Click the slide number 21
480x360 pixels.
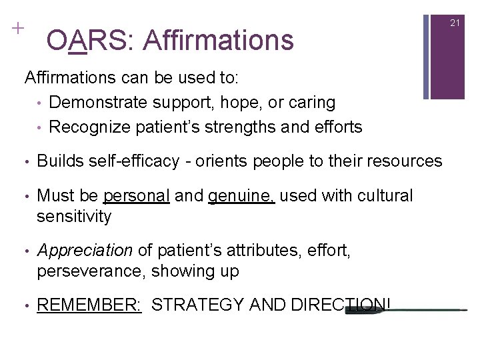click(455, 23)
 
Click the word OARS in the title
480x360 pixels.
click(89, 40)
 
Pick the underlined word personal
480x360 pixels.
click(137, 196)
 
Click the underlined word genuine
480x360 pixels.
click(241, 196)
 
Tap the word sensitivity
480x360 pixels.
click(74, 216)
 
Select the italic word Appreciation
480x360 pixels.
click(85, 251)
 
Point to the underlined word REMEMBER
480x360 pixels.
click(89, 305)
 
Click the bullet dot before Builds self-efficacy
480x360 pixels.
click(25, 161)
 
